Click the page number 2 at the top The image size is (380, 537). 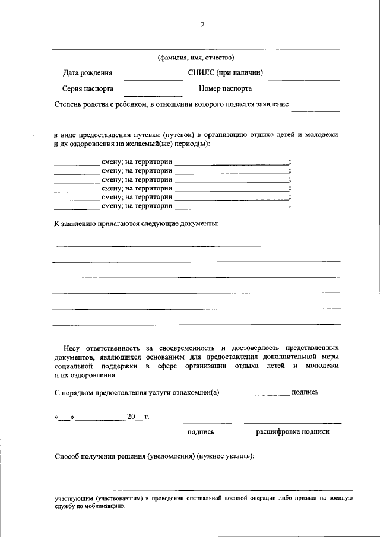click(x=202, y=24)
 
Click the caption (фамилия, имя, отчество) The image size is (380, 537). click(x=196, y=58)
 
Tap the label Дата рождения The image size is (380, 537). click(x=88, y=73)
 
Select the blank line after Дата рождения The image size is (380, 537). click(x=153, y=78)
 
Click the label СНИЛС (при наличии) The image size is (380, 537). click(x=225, y=73)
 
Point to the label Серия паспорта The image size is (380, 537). click(x=88, y=88)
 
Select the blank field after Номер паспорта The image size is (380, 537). click(x=303, y=94)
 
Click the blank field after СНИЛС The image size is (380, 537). click(x=308, y=78)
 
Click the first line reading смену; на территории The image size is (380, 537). click(x=137, y=162)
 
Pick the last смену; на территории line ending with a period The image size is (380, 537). click(x=137, y=206)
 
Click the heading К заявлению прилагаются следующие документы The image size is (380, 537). click(x=136, y=224)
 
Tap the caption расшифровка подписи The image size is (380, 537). click(x=292, y=432)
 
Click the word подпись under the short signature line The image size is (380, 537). click(x=201, y=432)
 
